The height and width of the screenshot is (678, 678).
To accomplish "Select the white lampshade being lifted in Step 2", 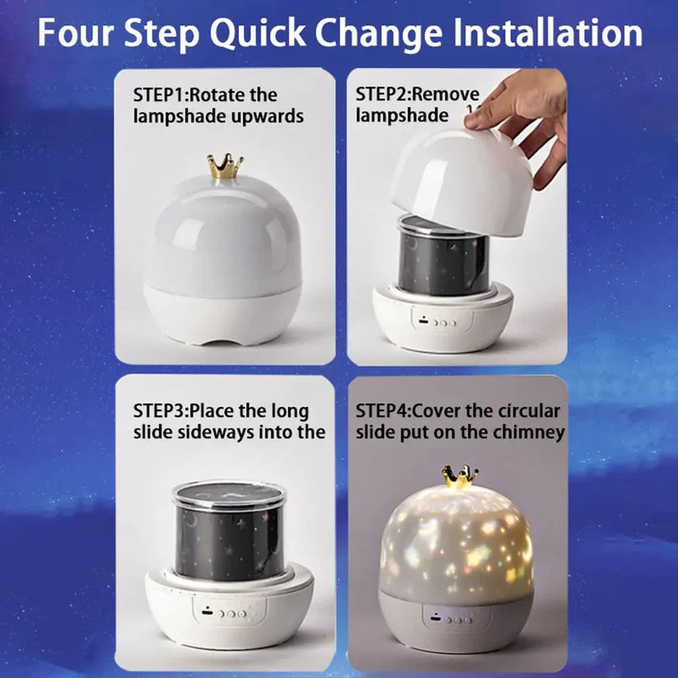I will pos(461,177).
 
